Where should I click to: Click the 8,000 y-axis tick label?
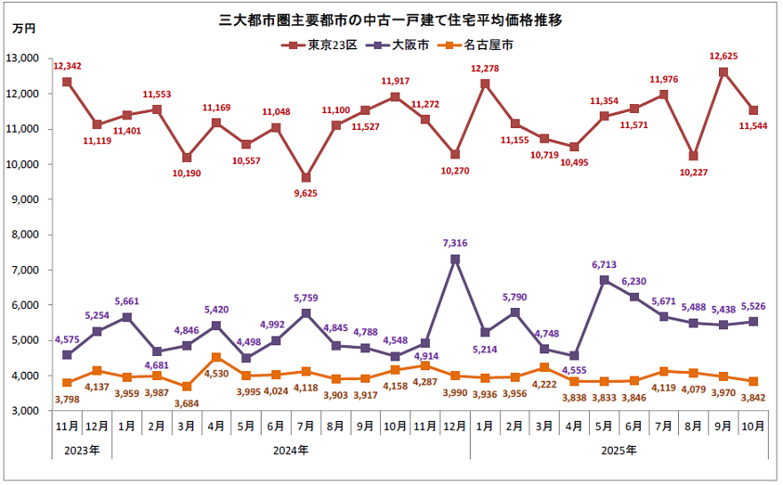coord(25,235)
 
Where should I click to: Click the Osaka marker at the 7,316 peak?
coord(456,259)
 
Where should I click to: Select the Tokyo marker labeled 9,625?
coord(306,177)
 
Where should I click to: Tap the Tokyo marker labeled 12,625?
coord(723,72)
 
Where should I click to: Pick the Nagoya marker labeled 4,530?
coord(216,357)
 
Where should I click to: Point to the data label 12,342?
coord(69,66)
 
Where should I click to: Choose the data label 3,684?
coord(186,404)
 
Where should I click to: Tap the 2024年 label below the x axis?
coord(291,450)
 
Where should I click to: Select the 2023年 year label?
coord(82,450)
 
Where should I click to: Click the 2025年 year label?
coord(618,450)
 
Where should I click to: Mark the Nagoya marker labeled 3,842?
coord(754,381)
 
